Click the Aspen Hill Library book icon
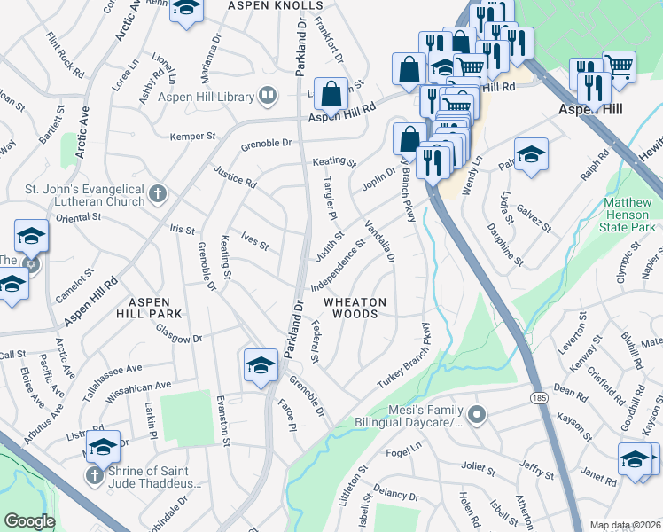(x=266, y=95)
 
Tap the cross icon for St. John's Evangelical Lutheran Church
(x=158, y=193)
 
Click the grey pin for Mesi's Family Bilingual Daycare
(x=477, y=414)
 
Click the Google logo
(x=28, y=521)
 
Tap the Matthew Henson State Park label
(x=629, y=215)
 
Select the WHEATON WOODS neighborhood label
(x=355, y=309)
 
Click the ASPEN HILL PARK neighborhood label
(x=149, y=307)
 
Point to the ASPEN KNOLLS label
(x=275, y=5)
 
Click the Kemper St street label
(x=193, y=137)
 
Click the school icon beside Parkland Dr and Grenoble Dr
(x=261, y=365)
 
